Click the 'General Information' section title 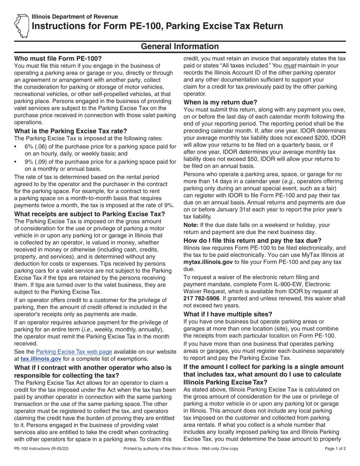(180, 46)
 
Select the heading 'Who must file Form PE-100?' (58, 59)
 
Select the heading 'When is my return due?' (220, 102)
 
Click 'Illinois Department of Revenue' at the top (75, 17)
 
